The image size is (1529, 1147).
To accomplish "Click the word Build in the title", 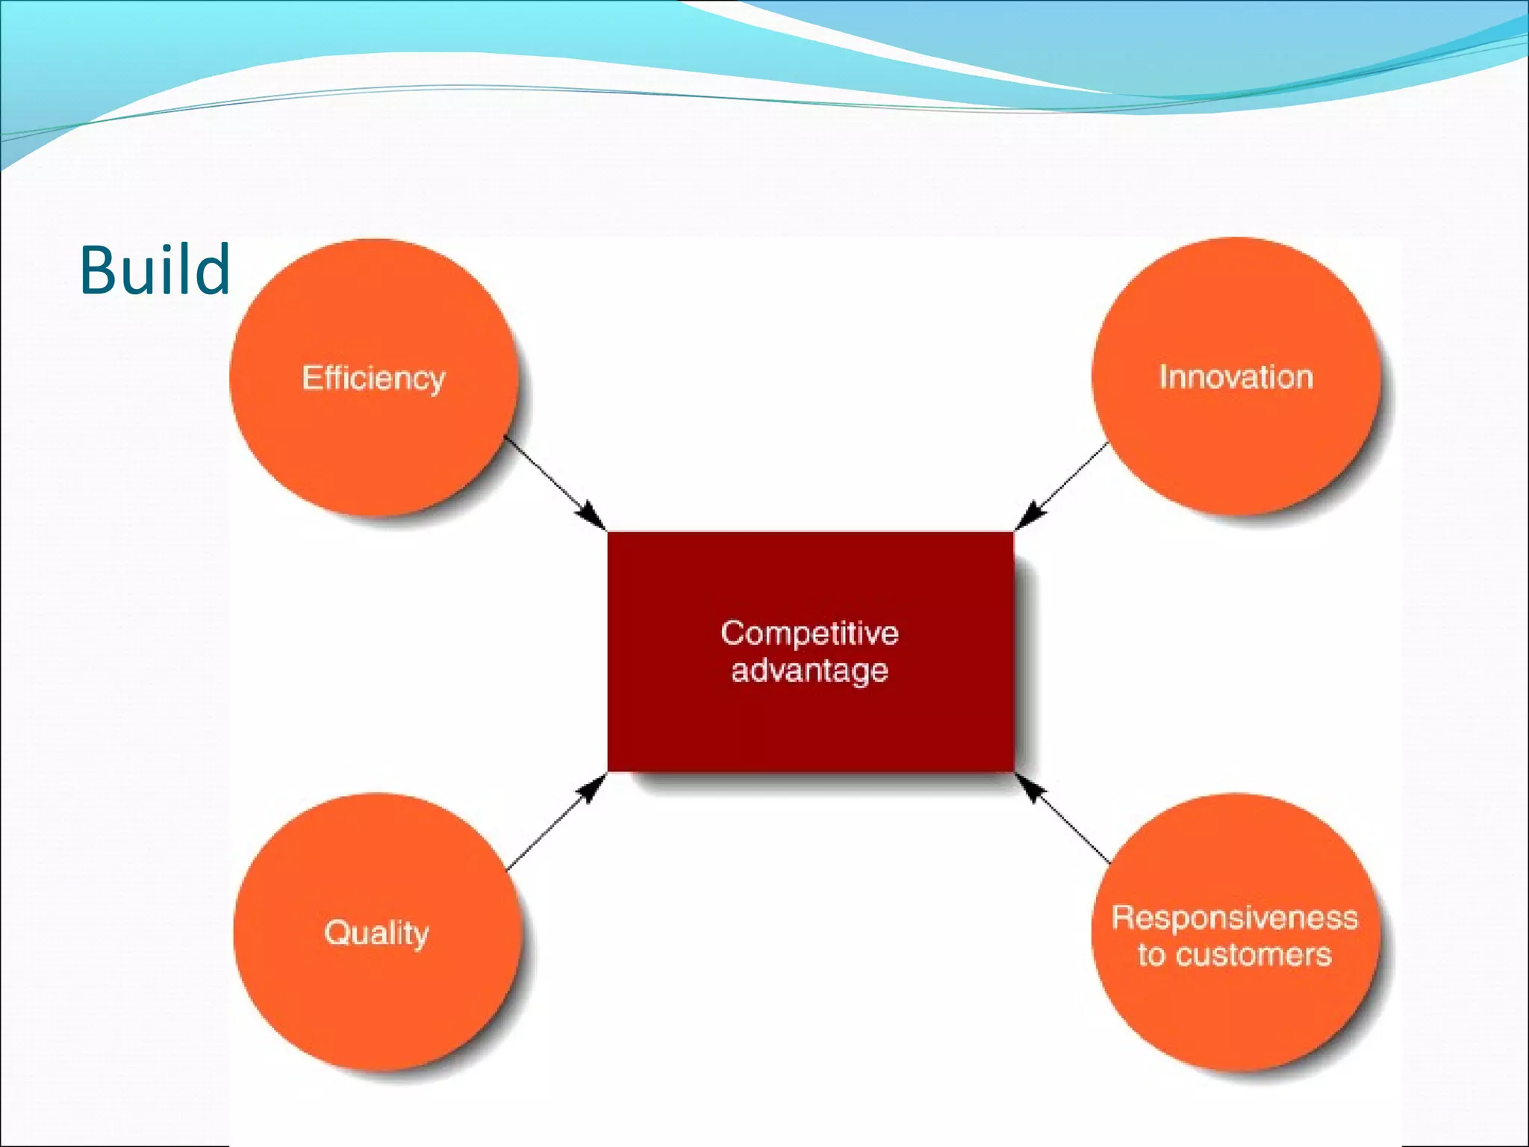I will (x=155, y=270).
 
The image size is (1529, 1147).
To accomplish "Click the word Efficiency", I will (x=373, y=378).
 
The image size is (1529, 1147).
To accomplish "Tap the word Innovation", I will (x=1236, y=377).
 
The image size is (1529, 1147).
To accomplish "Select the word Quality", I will (x=376, y=933).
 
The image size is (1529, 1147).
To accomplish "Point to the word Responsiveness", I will (x=1235, y=918).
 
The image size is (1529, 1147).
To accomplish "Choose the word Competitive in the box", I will (x=809, y=633).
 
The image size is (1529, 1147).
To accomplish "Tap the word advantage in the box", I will (x=809, y=670).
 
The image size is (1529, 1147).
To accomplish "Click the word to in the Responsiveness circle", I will (x=1151, y=955).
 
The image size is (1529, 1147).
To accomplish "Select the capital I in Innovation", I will (x=1163, y=377).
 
